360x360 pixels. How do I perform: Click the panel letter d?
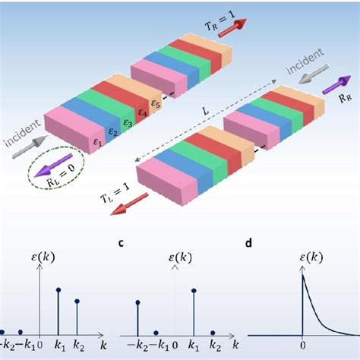[248, 243]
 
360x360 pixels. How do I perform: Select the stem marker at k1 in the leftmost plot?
[58, 289]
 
